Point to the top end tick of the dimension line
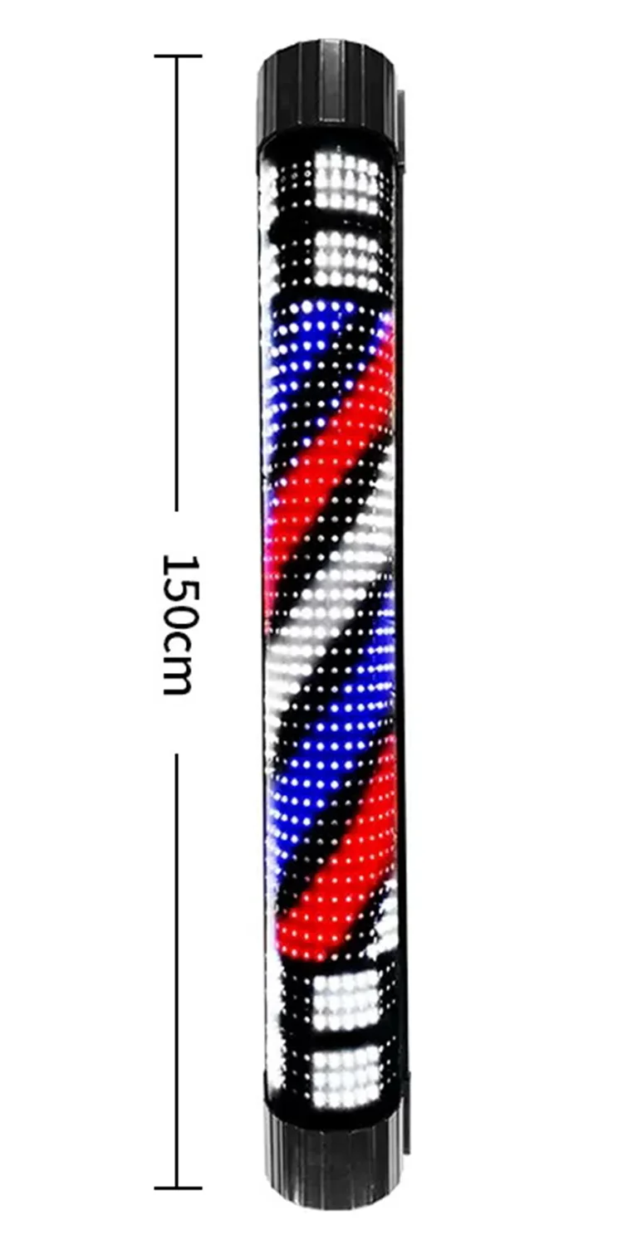coord(177,56)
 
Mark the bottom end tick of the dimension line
coord(177,1188)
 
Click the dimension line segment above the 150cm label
coord(177,282)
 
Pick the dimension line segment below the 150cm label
coord(177,971)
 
